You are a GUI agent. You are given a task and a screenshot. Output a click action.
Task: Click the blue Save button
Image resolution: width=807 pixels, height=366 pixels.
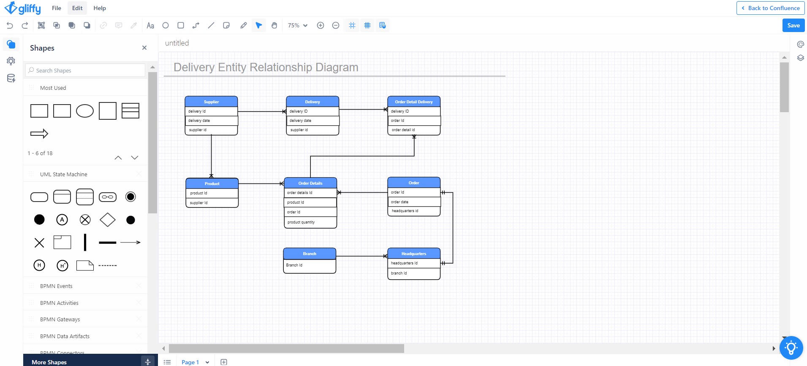[793, 25]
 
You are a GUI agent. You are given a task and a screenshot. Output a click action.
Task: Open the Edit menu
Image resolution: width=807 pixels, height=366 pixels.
[77, 8]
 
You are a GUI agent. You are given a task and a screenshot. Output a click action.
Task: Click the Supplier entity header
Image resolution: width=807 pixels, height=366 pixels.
[211, 102]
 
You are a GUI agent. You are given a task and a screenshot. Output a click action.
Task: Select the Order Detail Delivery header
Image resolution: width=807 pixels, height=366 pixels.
[413, 102]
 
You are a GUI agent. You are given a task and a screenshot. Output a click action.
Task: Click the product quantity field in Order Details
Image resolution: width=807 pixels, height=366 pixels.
[310, 222]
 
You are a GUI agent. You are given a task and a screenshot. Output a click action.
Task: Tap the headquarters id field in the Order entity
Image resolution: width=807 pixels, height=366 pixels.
[413, 211]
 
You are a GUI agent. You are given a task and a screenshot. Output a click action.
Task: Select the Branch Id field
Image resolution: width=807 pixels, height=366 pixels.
[309, 265]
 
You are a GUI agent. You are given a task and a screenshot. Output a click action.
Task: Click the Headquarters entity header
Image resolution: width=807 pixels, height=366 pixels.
[413, 253]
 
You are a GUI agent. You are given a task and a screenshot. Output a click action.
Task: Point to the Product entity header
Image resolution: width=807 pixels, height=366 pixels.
[212, 183]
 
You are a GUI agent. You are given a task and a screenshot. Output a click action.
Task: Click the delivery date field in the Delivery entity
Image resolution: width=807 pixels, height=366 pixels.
[312, 121]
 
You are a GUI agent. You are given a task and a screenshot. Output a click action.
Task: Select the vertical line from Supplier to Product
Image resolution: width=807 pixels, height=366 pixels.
[211, 154]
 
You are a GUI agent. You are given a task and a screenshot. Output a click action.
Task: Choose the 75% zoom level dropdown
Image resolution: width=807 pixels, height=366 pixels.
[297, 25]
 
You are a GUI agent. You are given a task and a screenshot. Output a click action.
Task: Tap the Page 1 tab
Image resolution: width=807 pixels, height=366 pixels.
[190, 362]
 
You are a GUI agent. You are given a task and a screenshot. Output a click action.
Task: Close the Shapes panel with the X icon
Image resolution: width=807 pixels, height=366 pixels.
[144, 48]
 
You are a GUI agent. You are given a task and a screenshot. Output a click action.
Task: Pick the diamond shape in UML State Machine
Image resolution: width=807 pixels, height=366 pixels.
[108, 220]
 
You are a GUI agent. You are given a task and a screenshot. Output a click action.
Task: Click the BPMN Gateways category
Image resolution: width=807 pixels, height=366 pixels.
[60, 319]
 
